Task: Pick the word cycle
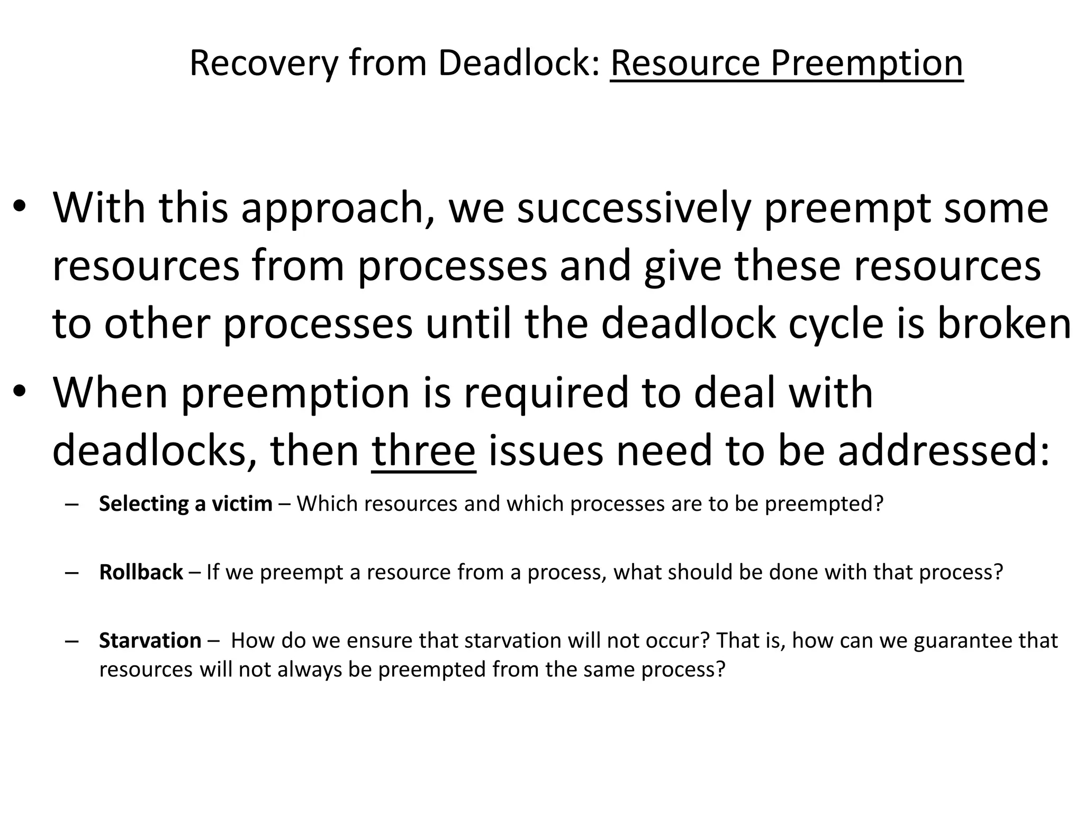point(836,324)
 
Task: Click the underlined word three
point(423,451)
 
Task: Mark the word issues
point(545,451)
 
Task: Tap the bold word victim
point(242,503)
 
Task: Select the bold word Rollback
point(141,572)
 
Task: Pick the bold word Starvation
point(150,640)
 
